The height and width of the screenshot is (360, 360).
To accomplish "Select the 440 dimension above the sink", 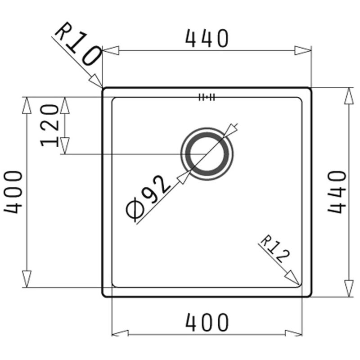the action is (x=207, y=38).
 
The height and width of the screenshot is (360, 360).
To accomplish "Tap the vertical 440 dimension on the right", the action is (x=337, y=192).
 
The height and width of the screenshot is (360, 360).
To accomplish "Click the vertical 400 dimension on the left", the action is (x=13, y=192).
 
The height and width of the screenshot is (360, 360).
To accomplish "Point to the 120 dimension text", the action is (x=49, y=126).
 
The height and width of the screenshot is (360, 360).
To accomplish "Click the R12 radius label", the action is (x=274, y=249).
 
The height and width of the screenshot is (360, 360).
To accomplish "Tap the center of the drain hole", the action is (x=207, y=154).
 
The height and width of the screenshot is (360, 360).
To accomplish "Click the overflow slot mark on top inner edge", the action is (x=207, y=97).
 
